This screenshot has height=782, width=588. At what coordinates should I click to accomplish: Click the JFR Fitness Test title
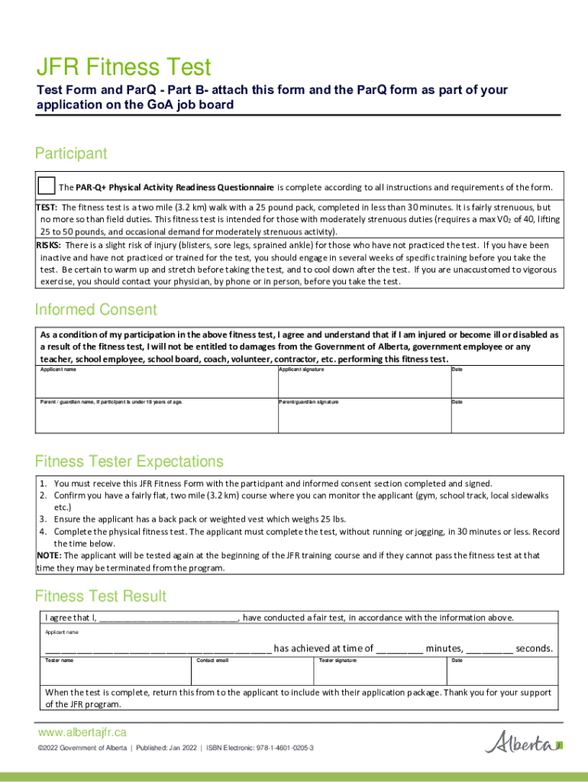pyautogui.click(x=124, y=67)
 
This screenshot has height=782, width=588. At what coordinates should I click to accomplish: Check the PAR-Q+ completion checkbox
pyautogui.click(x=47, y=186)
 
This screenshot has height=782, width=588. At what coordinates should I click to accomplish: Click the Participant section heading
pyautogui.click(x=71, y=153)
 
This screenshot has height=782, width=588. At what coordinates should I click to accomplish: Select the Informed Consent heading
pyautogui.click(x=95, y=309)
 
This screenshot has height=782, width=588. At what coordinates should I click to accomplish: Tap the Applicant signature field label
pyautogui.click(x=301, y=370)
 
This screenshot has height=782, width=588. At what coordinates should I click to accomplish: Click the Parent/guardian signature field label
pyautogui.click(x=309, y=402)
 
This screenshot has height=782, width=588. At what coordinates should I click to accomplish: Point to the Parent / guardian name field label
pyautogui.click(x=111, y=402)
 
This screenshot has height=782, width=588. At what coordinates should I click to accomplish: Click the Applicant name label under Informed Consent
pyautogui.click(x=58, y=370)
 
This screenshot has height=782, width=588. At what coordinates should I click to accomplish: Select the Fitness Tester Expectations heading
pyautogui.click(x=129, y=461)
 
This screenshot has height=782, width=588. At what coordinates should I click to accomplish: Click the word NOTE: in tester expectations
pyautogui.click(x=50, y=555)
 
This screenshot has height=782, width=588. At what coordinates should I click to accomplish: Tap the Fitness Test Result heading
pyautogui.click(x=100, y=596)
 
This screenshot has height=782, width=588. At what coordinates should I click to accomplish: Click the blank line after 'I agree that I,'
pyautogui.click(x=169, y=619)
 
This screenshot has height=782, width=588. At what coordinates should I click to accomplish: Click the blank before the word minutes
pyautogui.click(x=399, y=649)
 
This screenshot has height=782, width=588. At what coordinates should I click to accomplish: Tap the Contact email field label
pyautogui.click(x=212, y=660)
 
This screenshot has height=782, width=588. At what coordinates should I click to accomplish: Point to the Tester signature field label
pyautogui.click(x=338, y=660)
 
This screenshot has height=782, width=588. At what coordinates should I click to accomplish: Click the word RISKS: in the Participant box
pyautogui.click(x=50, y=245)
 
